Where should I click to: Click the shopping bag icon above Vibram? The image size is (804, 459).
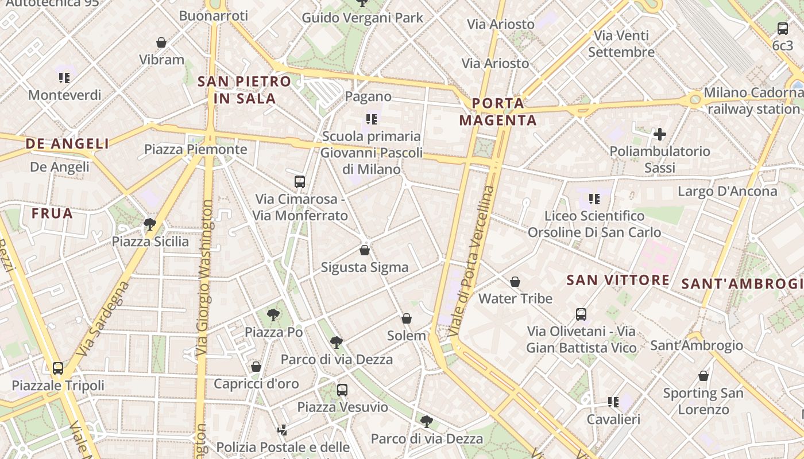tap(161, 42)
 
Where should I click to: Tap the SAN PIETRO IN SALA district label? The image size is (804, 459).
tap(245, 90)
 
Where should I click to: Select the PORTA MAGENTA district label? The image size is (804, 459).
tap(498, 112)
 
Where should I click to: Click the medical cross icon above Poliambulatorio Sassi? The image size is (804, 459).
tap(660, 135)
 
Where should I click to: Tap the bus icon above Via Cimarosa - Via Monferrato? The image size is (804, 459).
tap(299, 182)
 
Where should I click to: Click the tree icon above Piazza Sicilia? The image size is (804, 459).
tap(150, 224)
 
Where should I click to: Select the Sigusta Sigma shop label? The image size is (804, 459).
tap(365, 267)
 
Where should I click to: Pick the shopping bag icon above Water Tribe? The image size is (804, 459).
tap(515, 282)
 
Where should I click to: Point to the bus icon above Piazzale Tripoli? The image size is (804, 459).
tap(57, 368)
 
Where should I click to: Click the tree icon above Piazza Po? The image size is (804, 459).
tap(273, 314)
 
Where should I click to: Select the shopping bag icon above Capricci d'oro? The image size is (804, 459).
tap(256, 366)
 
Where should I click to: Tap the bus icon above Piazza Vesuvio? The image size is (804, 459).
tap(342, 390)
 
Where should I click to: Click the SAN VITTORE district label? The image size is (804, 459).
tap(618, 280)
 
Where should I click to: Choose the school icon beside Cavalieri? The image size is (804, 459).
tap(613, 402)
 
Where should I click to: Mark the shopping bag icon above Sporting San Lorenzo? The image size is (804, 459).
tap(703, 376)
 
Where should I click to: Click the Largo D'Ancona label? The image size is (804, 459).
tap(727, 191)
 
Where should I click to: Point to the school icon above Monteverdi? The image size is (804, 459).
tap(64, 77)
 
